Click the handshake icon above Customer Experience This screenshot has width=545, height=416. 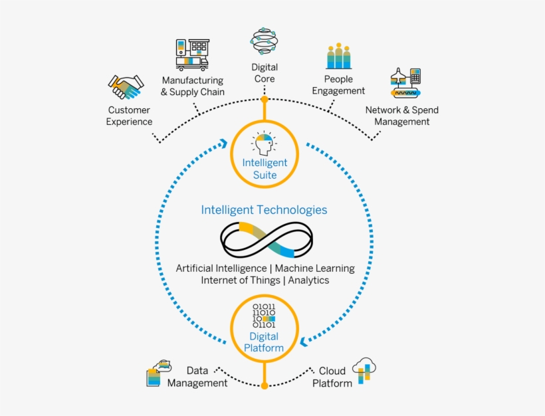point(126,87)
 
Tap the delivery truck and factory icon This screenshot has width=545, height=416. point(191,54)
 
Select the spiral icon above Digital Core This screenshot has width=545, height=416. point(265,41)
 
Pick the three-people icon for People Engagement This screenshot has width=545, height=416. point(339,56)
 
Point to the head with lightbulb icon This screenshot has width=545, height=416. point(264,144)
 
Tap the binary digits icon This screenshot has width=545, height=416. point(264,316)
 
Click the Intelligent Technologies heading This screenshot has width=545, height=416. point(264,210)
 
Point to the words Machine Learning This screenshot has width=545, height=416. point(314,268)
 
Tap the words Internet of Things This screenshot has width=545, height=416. point(241,280)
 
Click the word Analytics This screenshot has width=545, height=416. point(308,280)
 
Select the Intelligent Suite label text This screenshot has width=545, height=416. point(265,169)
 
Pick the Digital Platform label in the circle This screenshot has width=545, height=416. point(264,342)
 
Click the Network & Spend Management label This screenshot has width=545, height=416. point(401,116)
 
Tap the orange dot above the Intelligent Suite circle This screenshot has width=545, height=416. point(265,100)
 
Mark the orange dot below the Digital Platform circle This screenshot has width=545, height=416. point(265,385)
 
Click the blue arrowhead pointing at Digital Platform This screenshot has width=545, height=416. point(304,342)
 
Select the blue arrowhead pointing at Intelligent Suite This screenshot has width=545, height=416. point(224,144)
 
